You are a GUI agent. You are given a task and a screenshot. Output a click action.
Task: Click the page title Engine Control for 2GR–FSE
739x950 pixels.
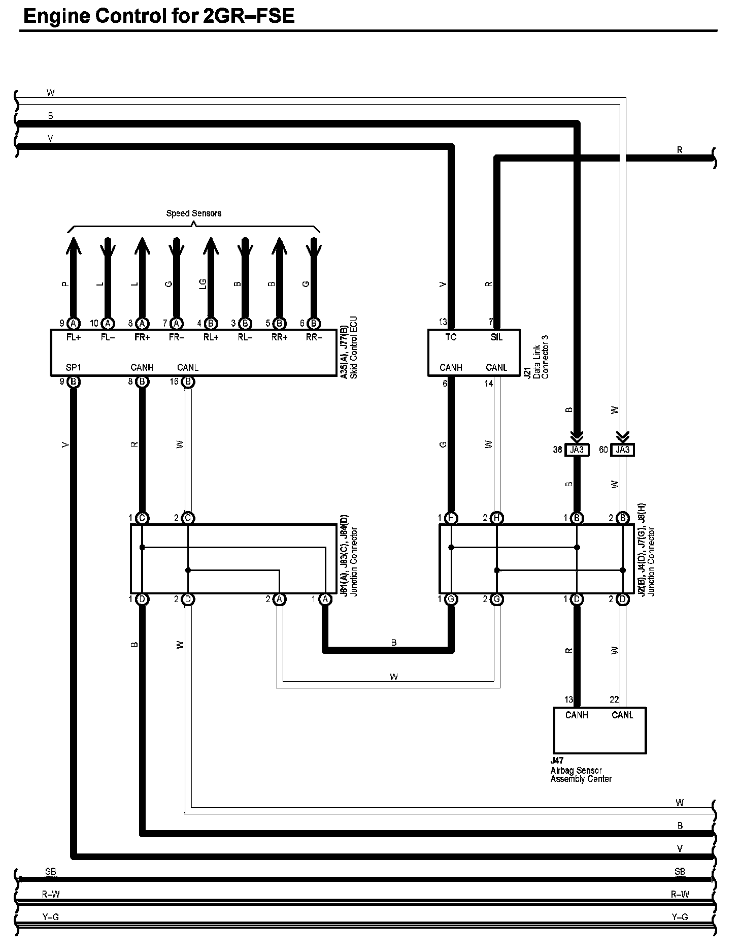pos(159,16)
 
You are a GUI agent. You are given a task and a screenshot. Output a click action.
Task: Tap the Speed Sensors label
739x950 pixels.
pos(193,213)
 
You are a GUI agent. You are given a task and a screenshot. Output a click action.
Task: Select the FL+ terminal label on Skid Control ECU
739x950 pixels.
pos(74,337)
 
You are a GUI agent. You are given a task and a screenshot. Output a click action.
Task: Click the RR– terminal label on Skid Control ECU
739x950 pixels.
pos(314,337)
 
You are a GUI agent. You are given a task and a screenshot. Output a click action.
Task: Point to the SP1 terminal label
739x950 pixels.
pos(74,367)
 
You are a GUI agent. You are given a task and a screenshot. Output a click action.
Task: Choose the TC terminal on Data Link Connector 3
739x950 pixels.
pos(451,337)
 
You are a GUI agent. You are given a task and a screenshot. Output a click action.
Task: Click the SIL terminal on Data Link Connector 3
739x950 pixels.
pos(496,337)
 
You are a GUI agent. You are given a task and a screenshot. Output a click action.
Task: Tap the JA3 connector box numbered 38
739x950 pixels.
pos(577,450)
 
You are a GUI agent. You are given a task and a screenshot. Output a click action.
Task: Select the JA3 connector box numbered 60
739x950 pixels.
pos(623,450)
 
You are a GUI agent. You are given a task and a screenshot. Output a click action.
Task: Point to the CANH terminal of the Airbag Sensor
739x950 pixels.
pos(577,715)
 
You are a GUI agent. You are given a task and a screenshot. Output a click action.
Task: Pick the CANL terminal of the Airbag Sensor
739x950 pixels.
pos(622,715)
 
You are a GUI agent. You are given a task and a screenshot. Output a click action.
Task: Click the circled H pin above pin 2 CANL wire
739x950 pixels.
pos(497,518)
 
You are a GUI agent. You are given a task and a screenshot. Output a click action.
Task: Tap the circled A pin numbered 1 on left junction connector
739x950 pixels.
pos(325,599)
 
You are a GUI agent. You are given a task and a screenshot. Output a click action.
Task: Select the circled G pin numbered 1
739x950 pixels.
pos(451,599)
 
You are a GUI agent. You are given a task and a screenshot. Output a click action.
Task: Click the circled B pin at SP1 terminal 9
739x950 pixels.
pos(74,382)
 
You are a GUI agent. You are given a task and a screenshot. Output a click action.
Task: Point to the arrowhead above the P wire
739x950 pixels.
pos(74,247)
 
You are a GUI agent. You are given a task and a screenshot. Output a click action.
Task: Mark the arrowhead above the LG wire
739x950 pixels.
pos(211,247)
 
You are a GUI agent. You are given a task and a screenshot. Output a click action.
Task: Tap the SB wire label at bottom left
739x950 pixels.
pos(50,872)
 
